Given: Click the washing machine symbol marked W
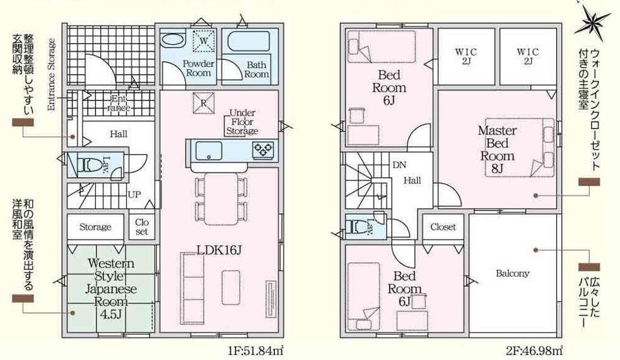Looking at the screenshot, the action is (x=204, y=40).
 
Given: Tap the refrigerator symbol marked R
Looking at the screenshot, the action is (x=203, y=103).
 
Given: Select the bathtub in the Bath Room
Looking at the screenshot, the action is (x=248, y=42).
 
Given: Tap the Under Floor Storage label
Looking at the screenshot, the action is (x=242, y=122).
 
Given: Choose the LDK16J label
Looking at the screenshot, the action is (x=219, y=250).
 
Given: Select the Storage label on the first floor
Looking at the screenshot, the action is (x=95, y=227).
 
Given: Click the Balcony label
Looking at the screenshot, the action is (x=512, y=274).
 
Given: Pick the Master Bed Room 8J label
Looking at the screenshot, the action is (x=498, y=149).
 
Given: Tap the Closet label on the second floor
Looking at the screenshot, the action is (x=443, y=227).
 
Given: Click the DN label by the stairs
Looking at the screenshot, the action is (x=399, y=165).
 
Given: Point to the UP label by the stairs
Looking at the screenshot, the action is (x=134, y=194).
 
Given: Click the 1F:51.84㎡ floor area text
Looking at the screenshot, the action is (x=255, y=350).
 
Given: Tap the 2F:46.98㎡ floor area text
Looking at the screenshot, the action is (x=534, y=350).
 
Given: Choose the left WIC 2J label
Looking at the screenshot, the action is (x=466, y=56).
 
